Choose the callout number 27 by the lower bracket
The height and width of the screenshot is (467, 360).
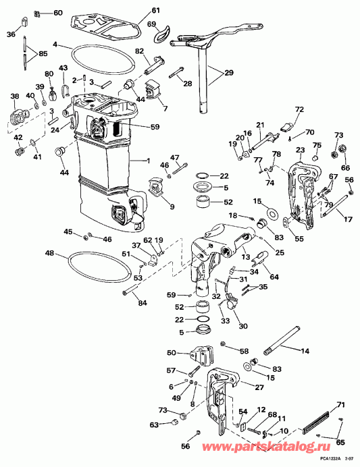tap(259, 387)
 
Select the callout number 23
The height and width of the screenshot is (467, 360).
tap(300, 150)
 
